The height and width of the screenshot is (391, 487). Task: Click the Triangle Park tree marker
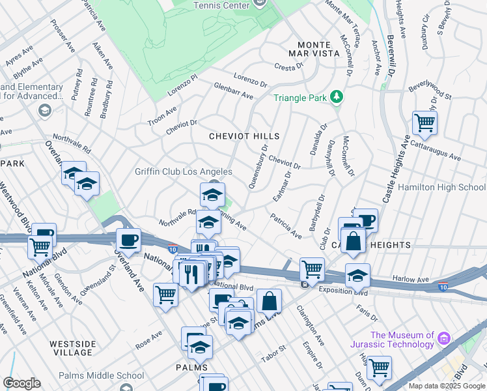(336, 98)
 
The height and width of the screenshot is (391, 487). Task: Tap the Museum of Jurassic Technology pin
(445, 339)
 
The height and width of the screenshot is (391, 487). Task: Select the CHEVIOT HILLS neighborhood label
(244, 136)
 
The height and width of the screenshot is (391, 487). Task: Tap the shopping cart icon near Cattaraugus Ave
(424, 122)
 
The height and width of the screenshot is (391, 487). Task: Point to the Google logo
(21, 383)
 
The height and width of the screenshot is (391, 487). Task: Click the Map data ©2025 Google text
(446, 386)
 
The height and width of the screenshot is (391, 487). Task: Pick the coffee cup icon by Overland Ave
(128, 239)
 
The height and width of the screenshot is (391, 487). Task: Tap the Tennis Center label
(221, 5)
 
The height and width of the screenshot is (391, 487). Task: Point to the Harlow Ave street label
(411, 279)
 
